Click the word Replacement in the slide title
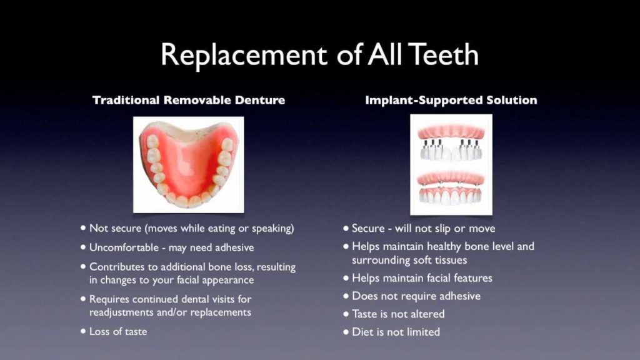click(244, 56)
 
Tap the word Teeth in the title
click(443, 54)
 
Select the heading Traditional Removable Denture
click(189, 100)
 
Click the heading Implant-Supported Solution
click(451, 100)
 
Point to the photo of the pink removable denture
click(189, 164)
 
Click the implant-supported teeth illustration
click(451, 164)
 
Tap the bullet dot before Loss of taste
click(83, 331)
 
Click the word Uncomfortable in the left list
click(124, 247)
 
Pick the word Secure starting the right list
click(368, 228)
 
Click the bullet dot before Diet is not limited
click(346, 332)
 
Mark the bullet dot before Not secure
click(83, 227)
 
